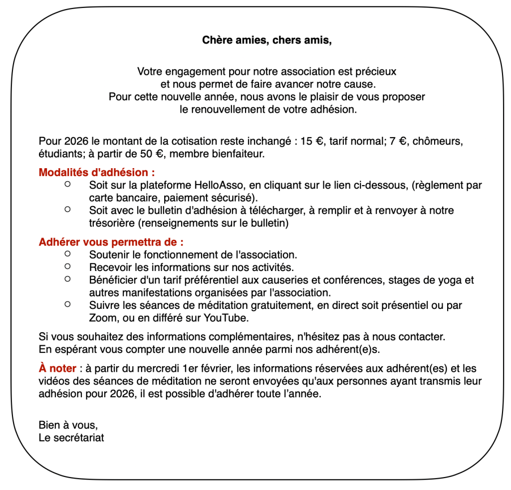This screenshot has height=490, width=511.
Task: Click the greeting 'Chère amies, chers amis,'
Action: [x=267, y=40]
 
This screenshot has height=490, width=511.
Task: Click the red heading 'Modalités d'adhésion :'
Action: [x=97, y=173]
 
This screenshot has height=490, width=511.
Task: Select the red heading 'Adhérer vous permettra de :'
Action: [x=111, y=243]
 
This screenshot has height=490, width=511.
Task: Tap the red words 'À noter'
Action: [x=57, y=369]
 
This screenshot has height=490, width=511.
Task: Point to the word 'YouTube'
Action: [x=227, y=317]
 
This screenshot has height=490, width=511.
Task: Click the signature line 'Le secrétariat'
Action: [x=71, y=438]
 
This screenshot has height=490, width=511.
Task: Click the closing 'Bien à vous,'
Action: [x=68, y=426]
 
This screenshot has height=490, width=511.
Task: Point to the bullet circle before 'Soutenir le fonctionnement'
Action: [x=68, y=253]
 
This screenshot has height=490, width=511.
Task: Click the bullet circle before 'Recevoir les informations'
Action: [x=68, y=266]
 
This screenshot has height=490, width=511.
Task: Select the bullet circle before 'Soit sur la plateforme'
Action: [x=68, y=184]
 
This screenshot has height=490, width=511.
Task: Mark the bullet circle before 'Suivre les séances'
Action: [x=68, y=303]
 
